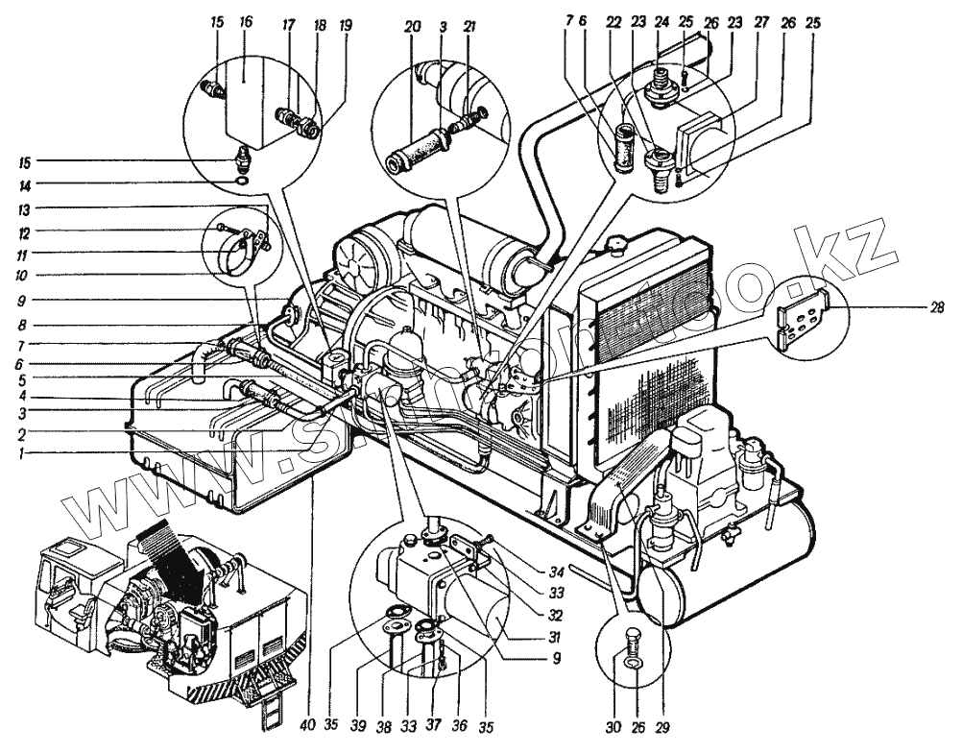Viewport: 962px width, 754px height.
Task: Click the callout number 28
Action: (937, 307)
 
